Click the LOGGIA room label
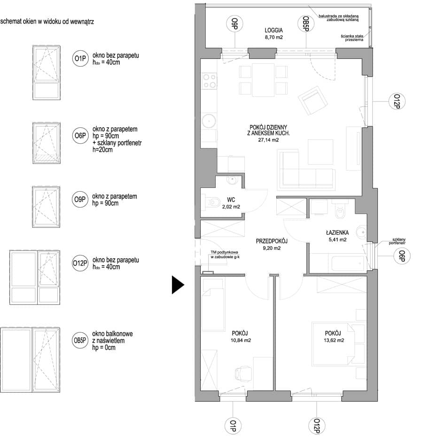coord(273,30)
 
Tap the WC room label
coord(231,200)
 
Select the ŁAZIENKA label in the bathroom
coord(337,233)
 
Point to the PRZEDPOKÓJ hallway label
coord(272,241)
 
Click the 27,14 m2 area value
coord(268,140)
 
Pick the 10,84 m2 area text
coord(241,340)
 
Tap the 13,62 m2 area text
coord(334,340)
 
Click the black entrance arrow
coord(178,285)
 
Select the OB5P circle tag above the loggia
coord(306,23)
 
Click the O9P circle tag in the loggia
coord(234,23)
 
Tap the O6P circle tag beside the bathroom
coord(402,256)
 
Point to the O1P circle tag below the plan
coord(233,426)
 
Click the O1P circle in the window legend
coord(80,59)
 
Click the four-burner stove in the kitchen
coord(210,81)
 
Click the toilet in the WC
coord(212,202)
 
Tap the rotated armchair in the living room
coord(312,101)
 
